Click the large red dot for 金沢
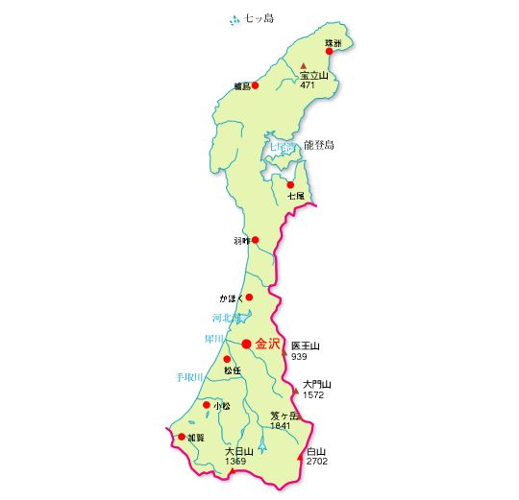(247, 344)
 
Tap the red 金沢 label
(267, 344)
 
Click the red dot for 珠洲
(329, 52)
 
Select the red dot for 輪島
(255, 85)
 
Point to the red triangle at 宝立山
(304, 65)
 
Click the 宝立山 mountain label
(313, 75)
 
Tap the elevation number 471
(308, 85)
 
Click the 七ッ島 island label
(259, 18)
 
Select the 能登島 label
(318, 145)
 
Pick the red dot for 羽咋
(255, 240)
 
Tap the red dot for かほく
(249, 298)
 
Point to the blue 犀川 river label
(213, 339)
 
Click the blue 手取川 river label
(188, 377)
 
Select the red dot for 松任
(228, 359)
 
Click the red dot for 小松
(207, 406)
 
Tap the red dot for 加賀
(181, 437)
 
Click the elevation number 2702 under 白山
(317, 462)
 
